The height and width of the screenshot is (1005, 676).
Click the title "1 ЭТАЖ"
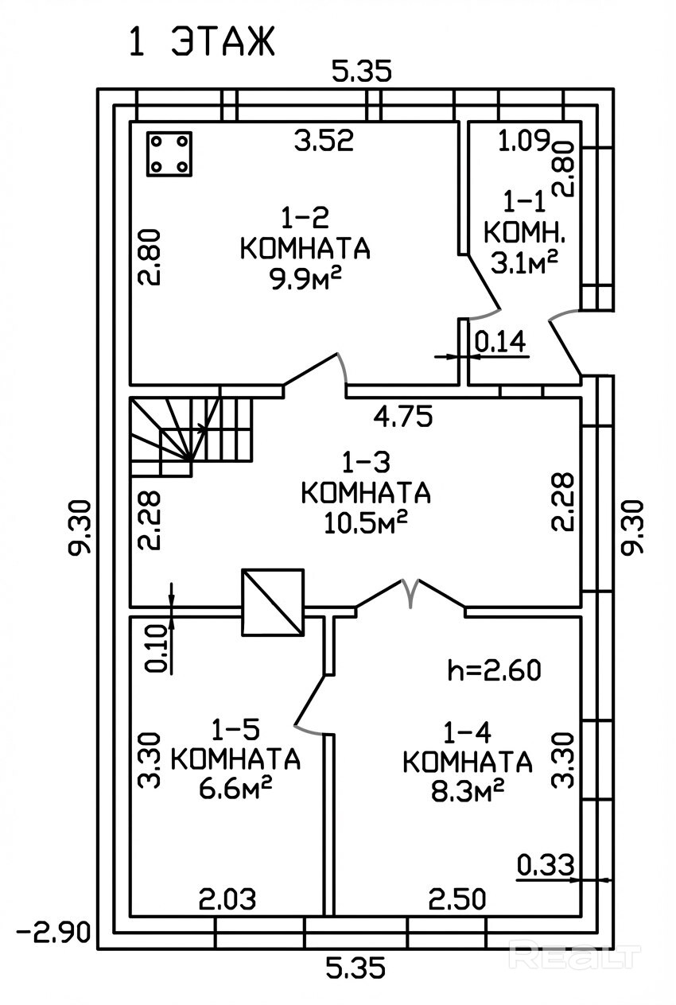click(201, 41)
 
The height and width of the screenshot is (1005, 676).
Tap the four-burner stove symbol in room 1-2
click(169, 153)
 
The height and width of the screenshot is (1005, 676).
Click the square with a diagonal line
click(273, 602)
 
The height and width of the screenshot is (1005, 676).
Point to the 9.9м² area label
click(305, 280)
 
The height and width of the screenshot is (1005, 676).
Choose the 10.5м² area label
click(366, 522)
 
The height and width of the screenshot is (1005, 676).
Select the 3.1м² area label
click(524, 262)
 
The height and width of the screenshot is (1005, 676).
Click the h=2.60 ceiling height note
click(494, 670)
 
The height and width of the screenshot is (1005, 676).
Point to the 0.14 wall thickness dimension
click(499, 342)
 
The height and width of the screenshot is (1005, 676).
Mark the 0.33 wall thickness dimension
click(546, 866)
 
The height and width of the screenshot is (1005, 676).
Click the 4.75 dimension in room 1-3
click(403, 416)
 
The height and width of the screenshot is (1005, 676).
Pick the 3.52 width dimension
click(324, 140)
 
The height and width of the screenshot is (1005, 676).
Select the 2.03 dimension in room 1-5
click(227, 899)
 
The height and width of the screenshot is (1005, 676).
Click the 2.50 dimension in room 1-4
click(457, 898)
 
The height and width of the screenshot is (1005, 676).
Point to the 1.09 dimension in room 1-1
click(524, 140)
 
